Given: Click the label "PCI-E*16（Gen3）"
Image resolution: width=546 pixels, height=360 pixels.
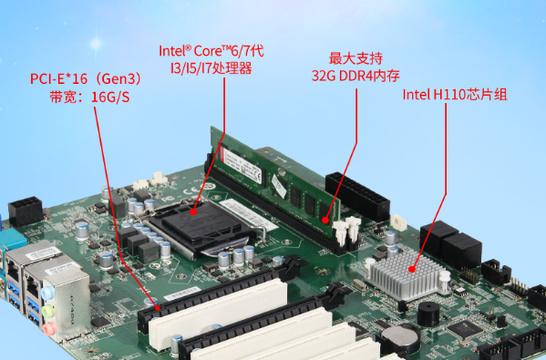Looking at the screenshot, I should click(x=86, y=78).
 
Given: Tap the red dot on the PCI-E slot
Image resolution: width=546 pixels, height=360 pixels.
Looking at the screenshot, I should click(x=157, y=309).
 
